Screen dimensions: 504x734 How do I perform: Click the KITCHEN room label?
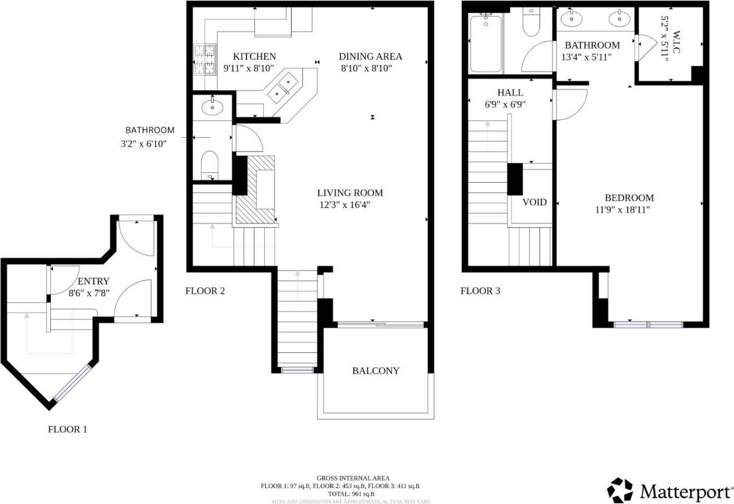254,56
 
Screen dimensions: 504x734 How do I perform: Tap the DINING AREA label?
370,56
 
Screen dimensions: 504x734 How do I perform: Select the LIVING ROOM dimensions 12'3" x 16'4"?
349,205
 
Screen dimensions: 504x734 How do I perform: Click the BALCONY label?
376,370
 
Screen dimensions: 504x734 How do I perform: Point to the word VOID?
534,202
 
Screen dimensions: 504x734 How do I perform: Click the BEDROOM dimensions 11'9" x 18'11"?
629,210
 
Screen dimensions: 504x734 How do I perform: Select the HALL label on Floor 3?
510,92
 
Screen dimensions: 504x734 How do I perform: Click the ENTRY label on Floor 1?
94,282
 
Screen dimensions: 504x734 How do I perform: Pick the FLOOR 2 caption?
205,291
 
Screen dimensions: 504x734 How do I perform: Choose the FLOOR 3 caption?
480,291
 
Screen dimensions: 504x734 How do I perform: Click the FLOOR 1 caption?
67,430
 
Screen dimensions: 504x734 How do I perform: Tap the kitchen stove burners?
205,59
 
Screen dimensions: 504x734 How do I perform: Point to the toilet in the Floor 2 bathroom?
209,164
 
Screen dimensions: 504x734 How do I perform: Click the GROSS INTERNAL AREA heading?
353,478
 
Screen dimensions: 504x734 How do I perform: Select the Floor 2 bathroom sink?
212,107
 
